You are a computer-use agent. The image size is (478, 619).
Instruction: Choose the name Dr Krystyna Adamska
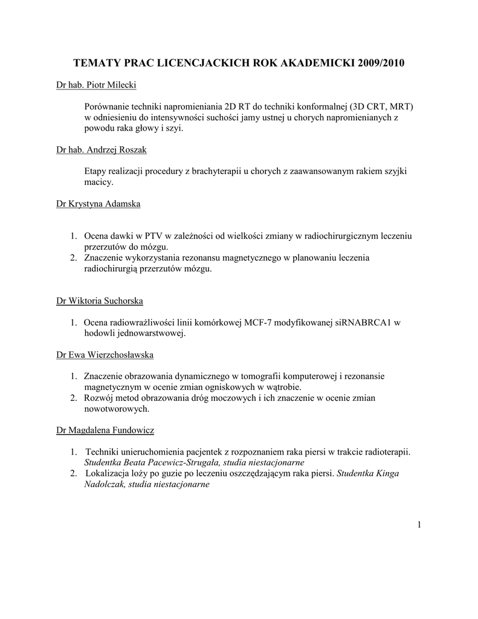point(98,204)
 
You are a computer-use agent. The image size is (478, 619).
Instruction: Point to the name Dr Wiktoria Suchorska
point(99,300)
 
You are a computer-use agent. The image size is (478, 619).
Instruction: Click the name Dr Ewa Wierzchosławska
point(109,354)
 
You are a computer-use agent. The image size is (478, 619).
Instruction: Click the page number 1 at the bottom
point(418,524)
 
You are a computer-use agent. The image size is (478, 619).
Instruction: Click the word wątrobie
point(283,386)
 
